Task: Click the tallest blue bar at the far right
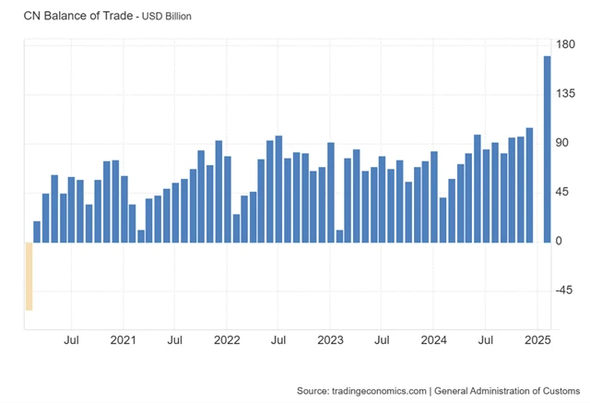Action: (x=547, y=148)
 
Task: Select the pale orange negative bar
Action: (x=29, y=276)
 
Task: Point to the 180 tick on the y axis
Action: (x=566, y=44)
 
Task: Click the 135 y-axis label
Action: (x=566, y=94)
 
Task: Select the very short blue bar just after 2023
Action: (x=339, y=235)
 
